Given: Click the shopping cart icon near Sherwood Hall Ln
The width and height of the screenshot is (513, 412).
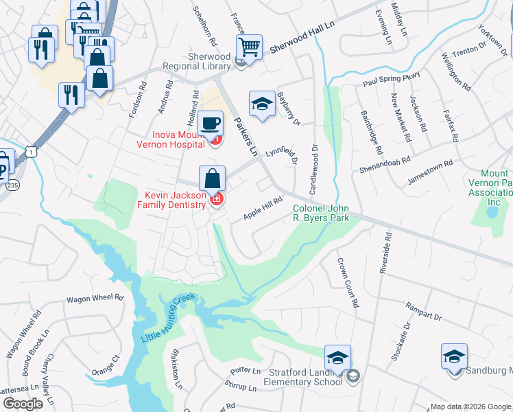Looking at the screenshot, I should (249, 47).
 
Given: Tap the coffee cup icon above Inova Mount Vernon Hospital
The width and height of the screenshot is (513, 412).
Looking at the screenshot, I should (210, 124).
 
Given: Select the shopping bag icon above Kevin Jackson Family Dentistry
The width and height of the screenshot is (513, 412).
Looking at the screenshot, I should (213, 179).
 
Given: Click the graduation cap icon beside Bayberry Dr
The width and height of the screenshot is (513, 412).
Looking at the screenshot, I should (261, 104).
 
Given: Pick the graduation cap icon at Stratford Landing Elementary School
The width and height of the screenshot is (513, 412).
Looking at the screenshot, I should (337, 358).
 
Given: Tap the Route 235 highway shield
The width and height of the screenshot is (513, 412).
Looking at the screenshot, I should (12, 185).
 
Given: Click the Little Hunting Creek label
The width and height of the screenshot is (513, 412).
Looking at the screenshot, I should (169, 319).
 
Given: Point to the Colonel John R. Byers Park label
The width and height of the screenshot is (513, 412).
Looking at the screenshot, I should (321, 213).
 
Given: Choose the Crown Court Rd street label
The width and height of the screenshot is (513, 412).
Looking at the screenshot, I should (347, 282).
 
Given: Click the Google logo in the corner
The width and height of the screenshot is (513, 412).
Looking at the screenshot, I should (23, 404).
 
